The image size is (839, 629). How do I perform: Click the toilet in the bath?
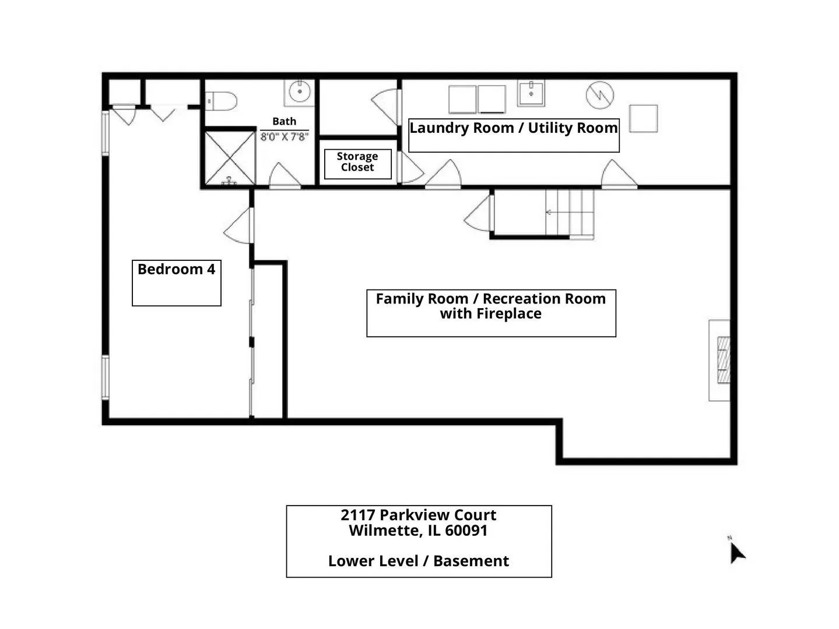[221, 101]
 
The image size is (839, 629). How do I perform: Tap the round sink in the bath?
[299, 91]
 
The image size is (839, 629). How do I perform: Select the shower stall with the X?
[230, 158]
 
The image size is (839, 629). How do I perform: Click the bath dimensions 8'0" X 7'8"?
[285, 137]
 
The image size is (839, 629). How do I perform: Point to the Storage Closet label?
[357, 162]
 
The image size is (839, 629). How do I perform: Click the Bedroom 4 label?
[176, 269]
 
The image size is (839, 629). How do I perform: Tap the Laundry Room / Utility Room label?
[513, 128]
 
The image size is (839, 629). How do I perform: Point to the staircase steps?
[570, 214]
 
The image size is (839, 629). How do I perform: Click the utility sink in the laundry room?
[531, 93]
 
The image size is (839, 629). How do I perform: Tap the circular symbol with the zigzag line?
[600, 95]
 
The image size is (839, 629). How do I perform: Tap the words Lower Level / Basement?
[419, 561]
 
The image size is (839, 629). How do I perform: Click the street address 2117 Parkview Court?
[419, 515]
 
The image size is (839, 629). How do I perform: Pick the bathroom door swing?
[285, 176]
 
